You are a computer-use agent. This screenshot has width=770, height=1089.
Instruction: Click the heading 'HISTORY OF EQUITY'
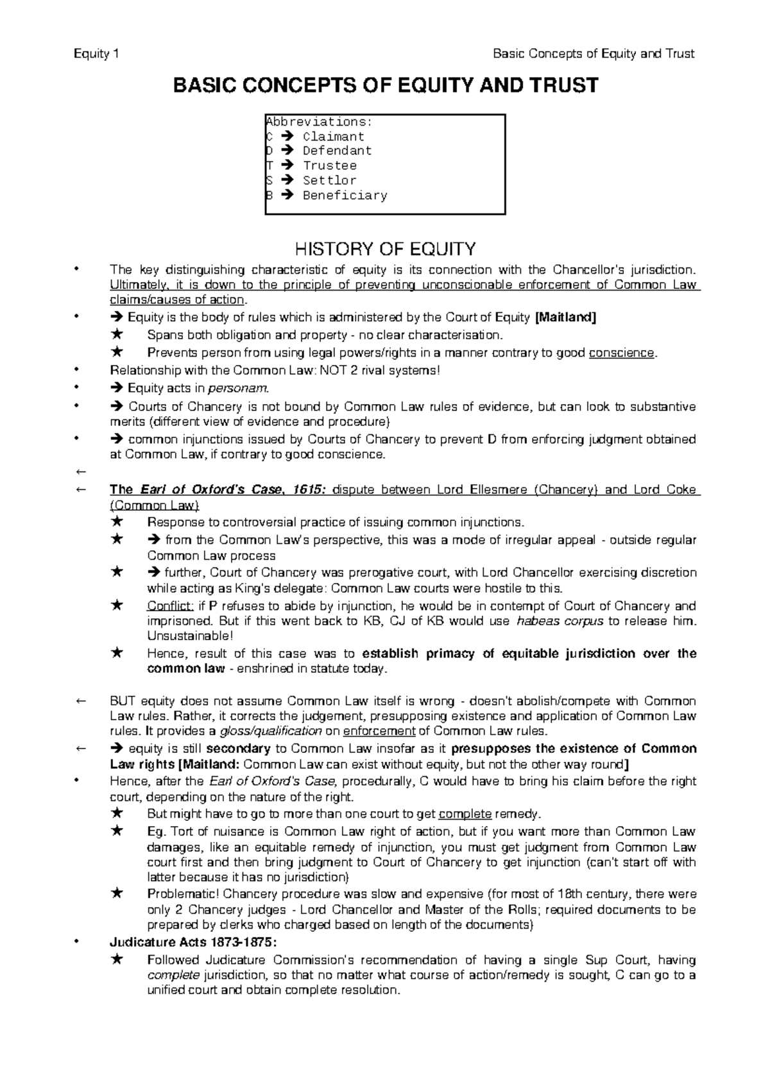384,248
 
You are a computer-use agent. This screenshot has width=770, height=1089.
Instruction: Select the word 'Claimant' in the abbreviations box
333,137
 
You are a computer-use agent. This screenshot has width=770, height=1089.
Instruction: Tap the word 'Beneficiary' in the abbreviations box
345,195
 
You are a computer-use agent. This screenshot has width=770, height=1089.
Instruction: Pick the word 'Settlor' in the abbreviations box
329,180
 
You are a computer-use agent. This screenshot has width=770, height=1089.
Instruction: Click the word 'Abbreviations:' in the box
318,122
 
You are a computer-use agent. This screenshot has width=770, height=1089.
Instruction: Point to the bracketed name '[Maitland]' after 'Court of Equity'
565,317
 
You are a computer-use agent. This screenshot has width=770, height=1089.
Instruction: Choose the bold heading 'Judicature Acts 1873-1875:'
194,942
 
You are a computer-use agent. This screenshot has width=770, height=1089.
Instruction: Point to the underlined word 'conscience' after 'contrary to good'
622,353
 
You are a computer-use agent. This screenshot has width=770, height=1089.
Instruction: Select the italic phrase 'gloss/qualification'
270,731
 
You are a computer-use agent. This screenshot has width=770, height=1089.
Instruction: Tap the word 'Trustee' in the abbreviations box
329,165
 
